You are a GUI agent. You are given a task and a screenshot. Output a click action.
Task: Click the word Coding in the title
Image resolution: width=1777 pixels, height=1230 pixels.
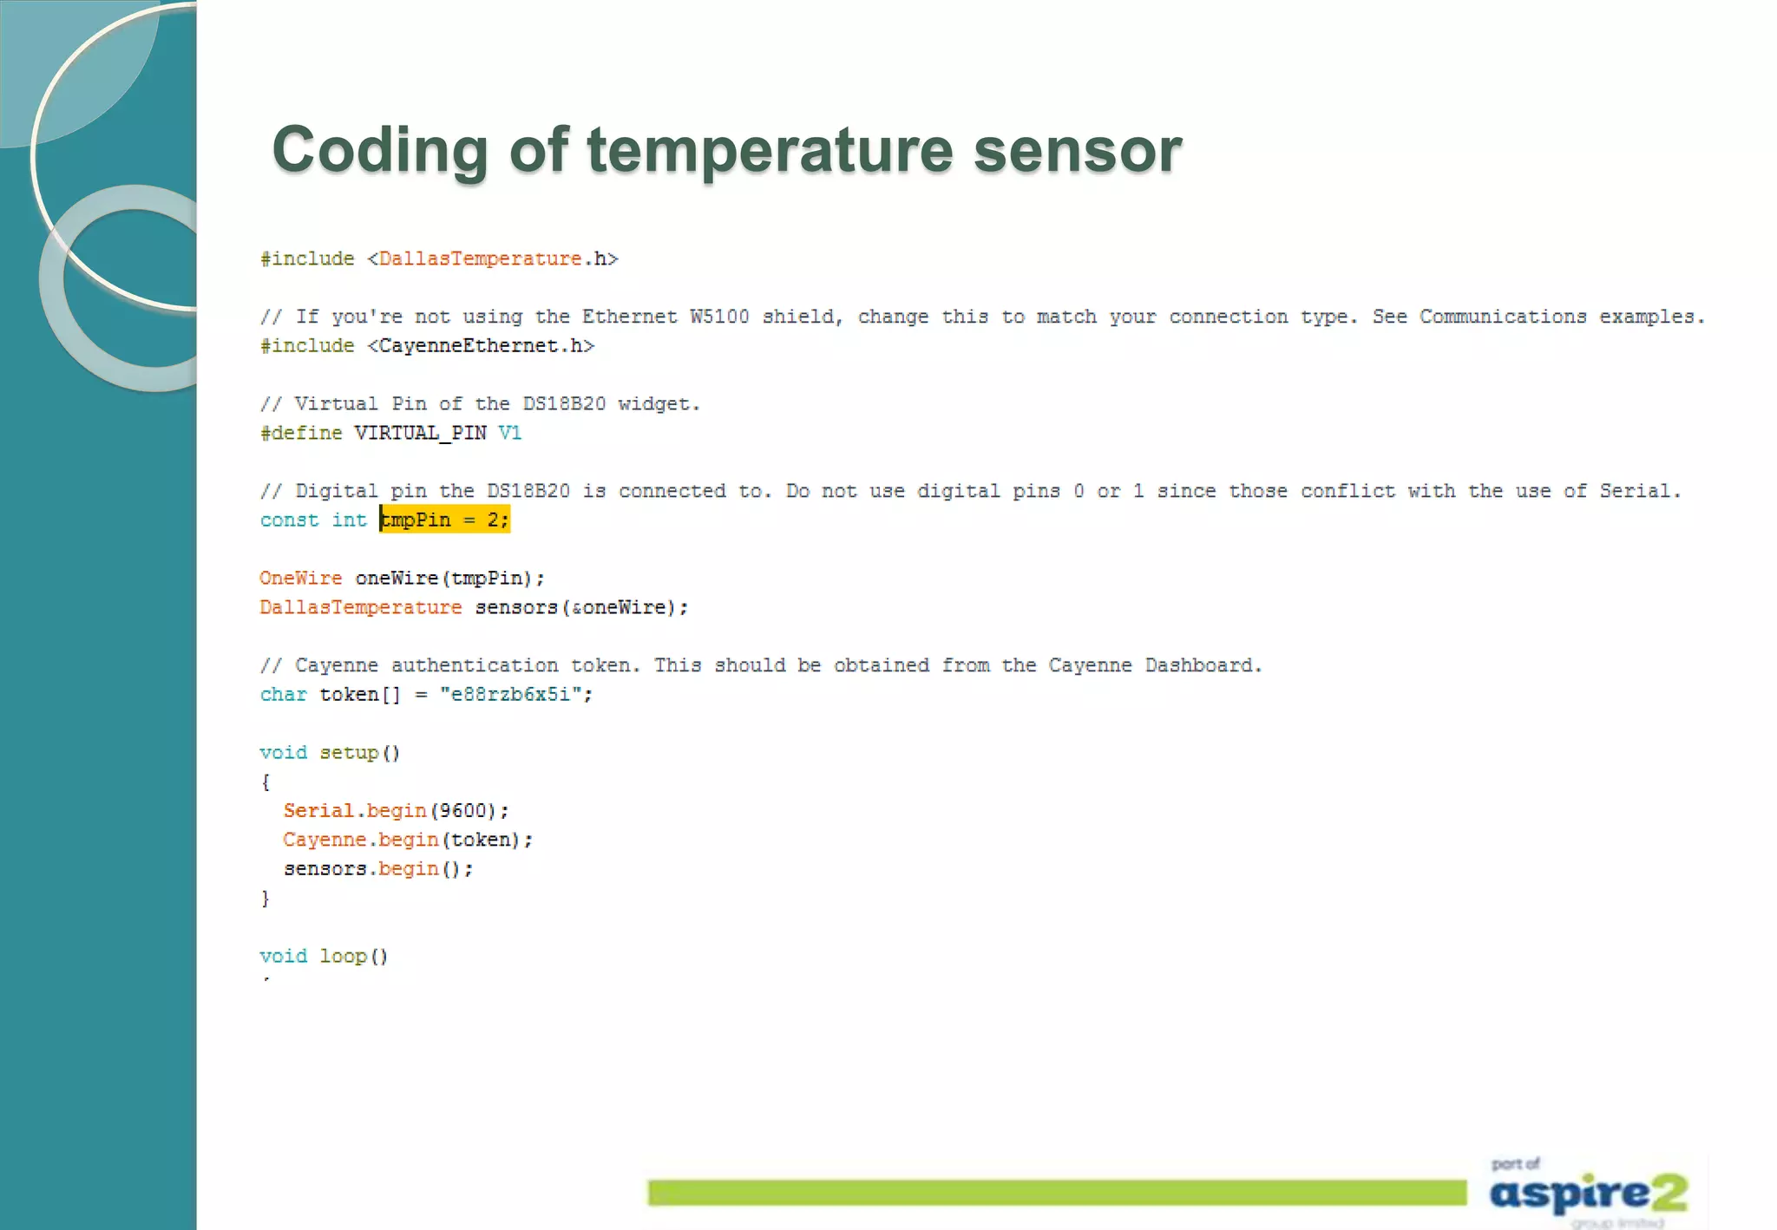tap(380, 150)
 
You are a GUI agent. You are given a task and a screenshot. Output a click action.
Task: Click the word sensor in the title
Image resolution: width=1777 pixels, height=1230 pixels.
tap(1078, 150)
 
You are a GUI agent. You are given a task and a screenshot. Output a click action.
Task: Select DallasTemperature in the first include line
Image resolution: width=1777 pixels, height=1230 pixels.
tap(480, 258)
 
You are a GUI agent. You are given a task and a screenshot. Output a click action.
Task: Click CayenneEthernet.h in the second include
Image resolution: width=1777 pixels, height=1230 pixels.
tap(480, 345)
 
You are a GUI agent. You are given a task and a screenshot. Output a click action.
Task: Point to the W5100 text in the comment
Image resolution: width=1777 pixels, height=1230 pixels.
tap(719, 317)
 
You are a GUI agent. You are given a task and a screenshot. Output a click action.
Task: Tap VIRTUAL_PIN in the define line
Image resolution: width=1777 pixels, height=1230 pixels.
tap(420, 433)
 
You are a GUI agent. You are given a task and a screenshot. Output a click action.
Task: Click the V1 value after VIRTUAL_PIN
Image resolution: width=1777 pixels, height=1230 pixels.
tap(510, 433)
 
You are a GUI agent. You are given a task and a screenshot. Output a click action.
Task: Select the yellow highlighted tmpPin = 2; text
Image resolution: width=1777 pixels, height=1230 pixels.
tap(444, 520)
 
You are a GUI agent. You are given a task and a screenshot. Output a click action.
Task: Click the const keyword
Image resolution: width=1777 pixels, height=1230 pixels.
tap(289, 520)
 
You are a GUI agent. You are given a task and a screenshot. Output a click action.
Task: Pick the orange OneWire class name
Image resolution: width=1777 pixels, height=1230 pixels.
tap(300, 578)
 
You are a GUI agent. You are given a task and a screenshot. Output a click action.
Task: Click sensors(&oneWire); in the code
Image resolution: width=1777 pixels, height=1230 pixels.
tap(581, 607)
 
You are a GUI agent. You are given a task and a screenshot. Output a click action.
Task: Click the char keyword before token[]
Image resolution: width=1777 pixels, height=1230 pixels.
tap(283, 694)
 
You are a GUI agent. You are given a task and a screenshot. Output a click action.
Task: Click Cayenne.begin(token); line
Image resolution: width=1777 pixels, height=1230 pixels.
tap(408, 840)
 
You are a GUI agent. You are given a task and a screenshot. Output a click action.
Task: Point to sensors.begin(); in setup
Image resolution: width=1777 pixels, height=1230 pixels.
tap(378, 868)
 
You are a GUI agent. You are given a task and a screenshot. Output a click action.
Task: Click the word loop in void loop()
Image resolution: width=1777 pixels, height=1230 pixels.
tap(343, 956)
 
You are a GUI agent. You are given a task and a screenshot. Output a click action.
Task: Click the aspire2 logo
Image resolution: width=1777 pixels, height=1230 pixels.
tap(1588, 1193)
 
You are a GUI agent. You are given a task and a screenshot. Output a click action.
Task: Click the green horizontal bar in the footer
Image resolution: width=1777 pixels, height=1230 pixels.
tap(1057, 1193)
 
